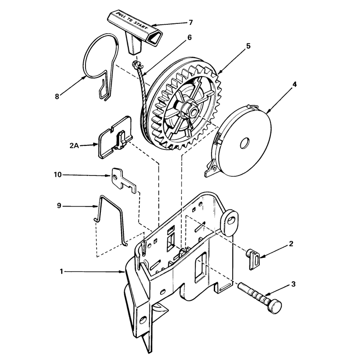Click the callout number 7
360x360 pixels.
coord(190,22)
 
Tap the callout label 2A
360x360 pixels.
coord(74,145)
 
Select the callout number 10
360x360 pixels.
coord(58,175)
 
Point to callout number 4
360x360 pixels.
coord(294,84)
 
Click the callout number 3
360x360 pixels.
coord(293,284)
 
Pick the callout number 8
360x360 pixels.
coord(57,96)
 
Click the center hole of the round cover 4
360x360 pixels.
coord(245,143)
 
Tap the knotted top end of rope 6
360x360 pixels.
coord(137,64)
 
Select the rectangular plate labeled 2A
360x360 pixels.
coord(115,138)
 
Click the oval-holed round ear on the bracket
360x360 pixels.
coord(229,222)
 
